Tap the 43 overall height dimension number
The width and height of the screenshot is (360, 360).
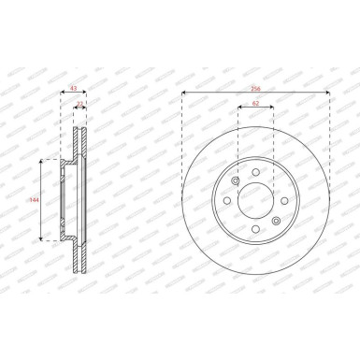point(75,89)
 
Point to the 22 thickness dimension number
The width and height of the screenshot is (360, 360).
point(80,104)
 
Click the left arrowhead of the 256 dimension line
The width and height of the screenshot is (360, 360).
point(183,94)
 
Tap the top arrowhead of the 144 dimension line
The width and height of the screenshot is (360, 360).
point(41,162)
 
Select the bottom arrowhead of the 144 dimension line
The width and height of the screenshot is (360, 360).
point(41,239)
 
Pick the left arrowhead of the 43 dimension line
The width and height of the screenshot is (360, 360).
point(63,94)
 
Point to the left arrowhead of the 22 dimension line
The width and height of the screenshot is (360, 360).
point(75,109)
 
